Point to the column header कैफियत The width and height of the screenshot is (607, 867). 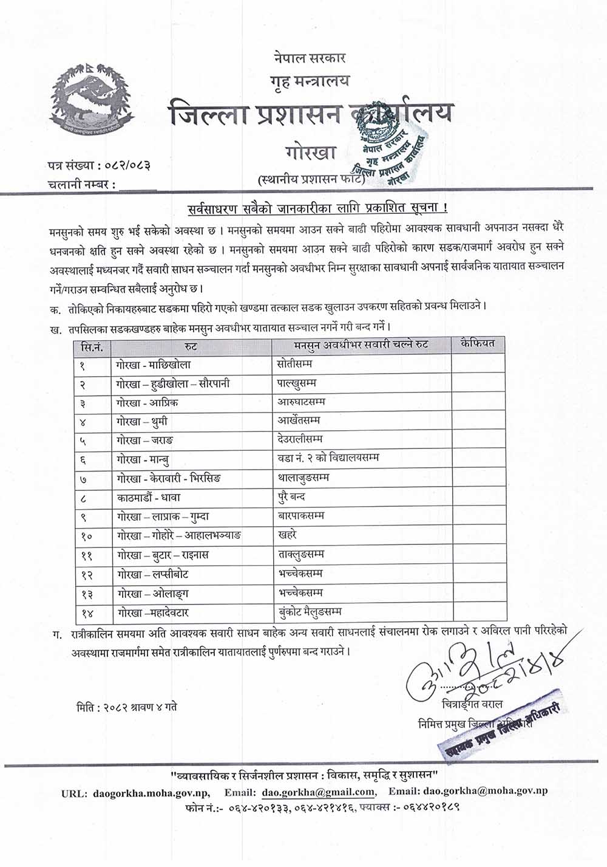coord(478,344)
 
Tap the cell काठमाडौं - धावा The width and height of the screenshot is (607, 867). coord(149,497)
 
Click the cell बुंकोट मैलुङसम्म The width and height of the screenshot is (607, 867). coord(310,612)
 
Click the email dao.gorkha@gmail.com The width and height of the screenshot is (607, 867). coord(318,792)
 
